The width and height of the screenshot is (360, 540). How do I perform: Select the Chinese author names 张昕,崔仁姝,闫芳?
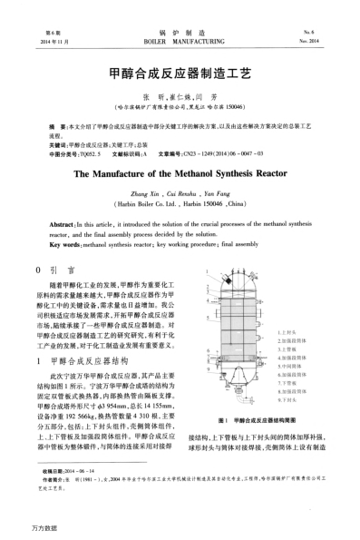(x=180, y=95)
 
